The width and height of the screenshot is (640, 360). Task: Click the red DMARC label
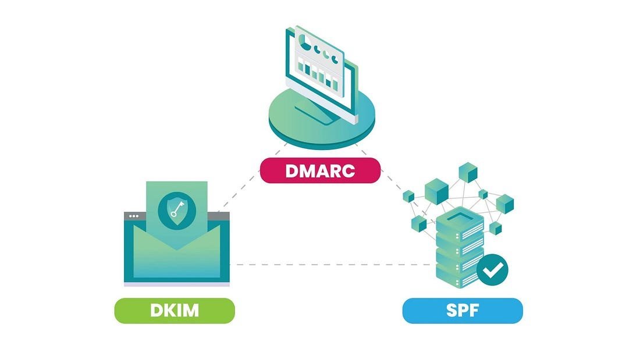(x=320, y=170)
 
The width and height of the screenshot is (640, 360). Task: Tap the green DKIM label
(x=174, y=311)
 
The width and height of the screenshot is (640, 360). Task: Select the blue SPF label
(x=463, y=311)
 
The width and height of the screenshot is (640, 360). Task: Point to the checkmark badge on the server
(x=492, y=270)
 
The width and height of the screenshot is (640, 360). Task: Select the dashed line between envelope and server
(x=332, y=265)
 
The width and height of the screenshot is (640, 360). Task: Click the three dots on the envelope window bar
(x=134, y=216)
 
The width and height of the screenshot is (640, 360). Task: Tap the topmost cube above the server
(x=468, y=172)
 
